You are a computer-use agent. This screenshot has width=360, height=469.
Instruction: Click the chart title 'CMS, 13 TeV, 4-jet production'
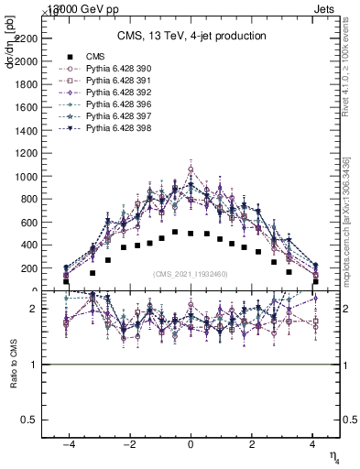point(191,37)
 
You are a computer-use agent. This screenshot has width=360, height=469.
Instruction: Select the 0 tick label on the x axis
point(191,442)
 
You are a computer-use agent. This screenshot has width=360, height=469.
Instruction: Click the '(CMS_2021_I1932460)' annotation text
point(191,274)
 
